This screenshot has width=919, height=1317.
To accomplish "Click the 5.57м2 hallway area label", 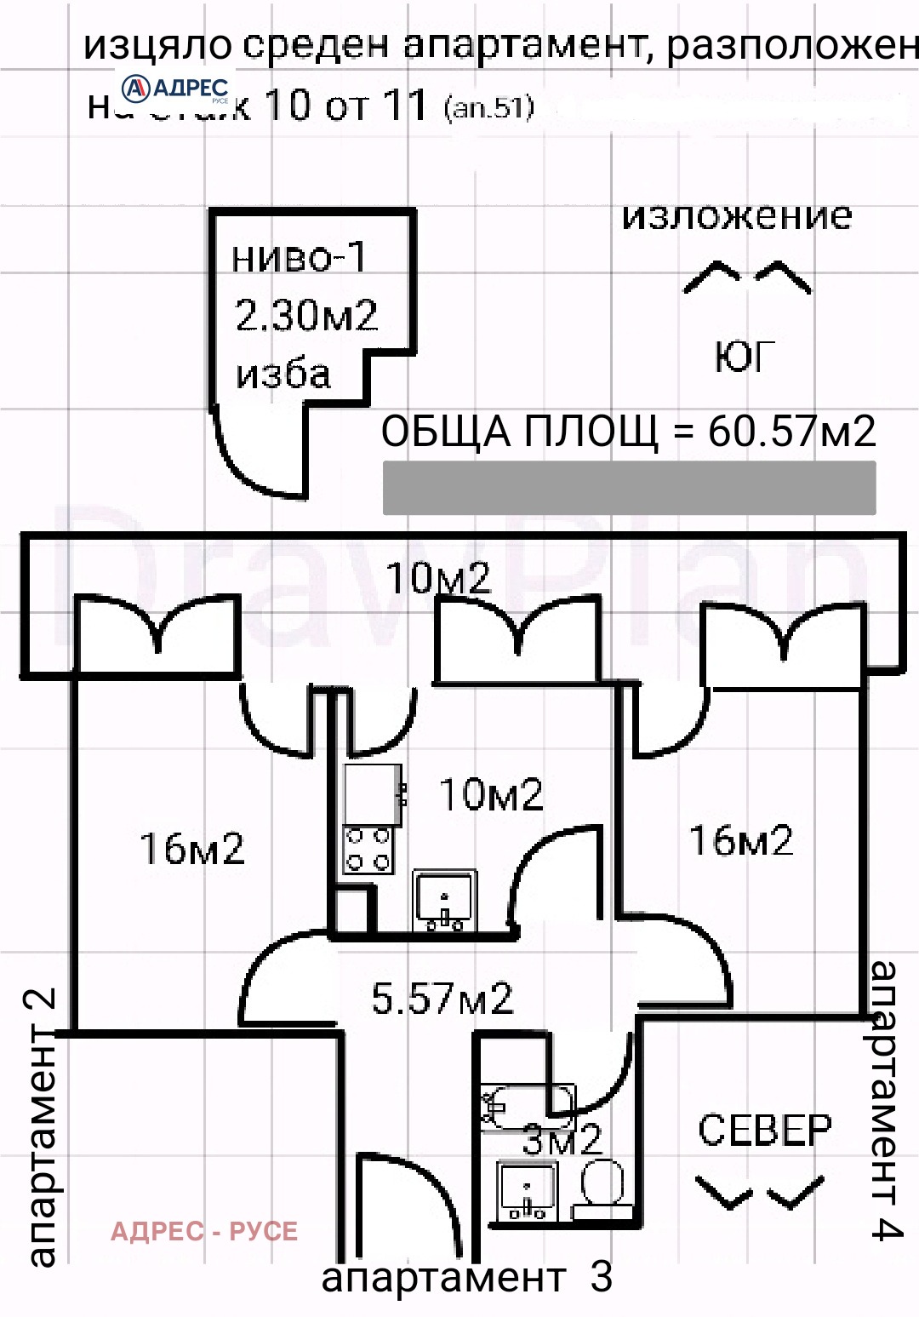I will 442,998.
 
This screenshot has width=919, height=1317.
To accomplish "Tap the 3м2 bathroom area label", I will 562,1140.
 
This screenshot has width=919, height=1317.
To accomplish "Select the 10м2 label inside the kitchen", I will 491,795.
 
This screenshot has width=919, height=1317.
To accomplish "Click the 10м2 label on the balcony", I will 439,578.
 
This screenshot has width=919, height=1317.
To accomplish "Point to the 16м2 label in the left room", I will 192,849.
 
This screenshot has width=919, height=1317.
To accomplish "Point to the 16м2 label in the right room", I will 741,840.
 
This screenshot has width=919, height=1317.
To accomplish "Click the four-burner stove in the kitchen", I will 368,849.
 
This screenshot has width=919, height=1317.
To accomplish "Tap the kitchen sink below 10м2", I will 443,901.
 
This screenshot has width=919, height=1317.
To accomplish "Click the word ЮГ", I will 745,358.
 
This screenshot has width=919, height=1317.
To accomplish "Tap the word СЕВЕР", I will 764,1131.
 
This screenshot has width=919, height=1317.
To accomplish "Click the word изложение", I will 737,215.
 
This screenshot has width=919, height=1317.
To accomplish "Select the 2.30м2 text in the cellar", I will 306,316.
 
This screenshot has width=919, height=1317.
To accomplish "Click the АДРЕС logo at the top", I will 176,89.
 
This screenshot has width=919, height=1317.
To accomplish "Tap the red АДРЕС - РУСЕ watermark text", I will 204,1231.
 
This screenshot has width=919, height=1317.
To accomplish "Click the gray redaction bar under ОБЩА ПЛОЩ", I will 629,488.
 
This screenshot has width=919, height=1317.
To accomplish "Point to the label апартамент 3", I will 466,1277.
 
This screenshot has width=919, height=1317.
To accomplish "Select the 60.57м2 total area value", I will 791,432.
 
